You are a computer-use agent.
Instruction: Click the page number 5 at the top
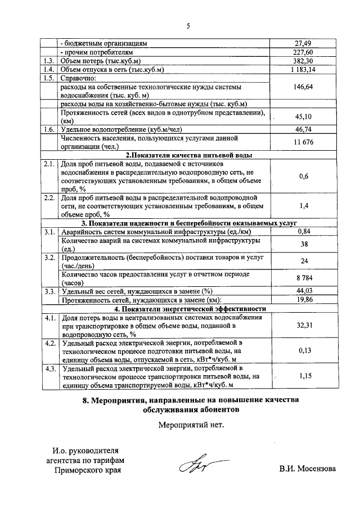(x=188, y=25)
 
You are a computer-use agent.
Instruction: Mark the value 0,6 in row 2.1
(x=304, y=176)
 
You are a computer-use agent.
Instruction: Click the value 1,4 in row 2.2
(x=304, y=206)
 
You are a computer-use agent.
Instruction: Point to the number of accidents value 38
(x=304, y=245)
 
